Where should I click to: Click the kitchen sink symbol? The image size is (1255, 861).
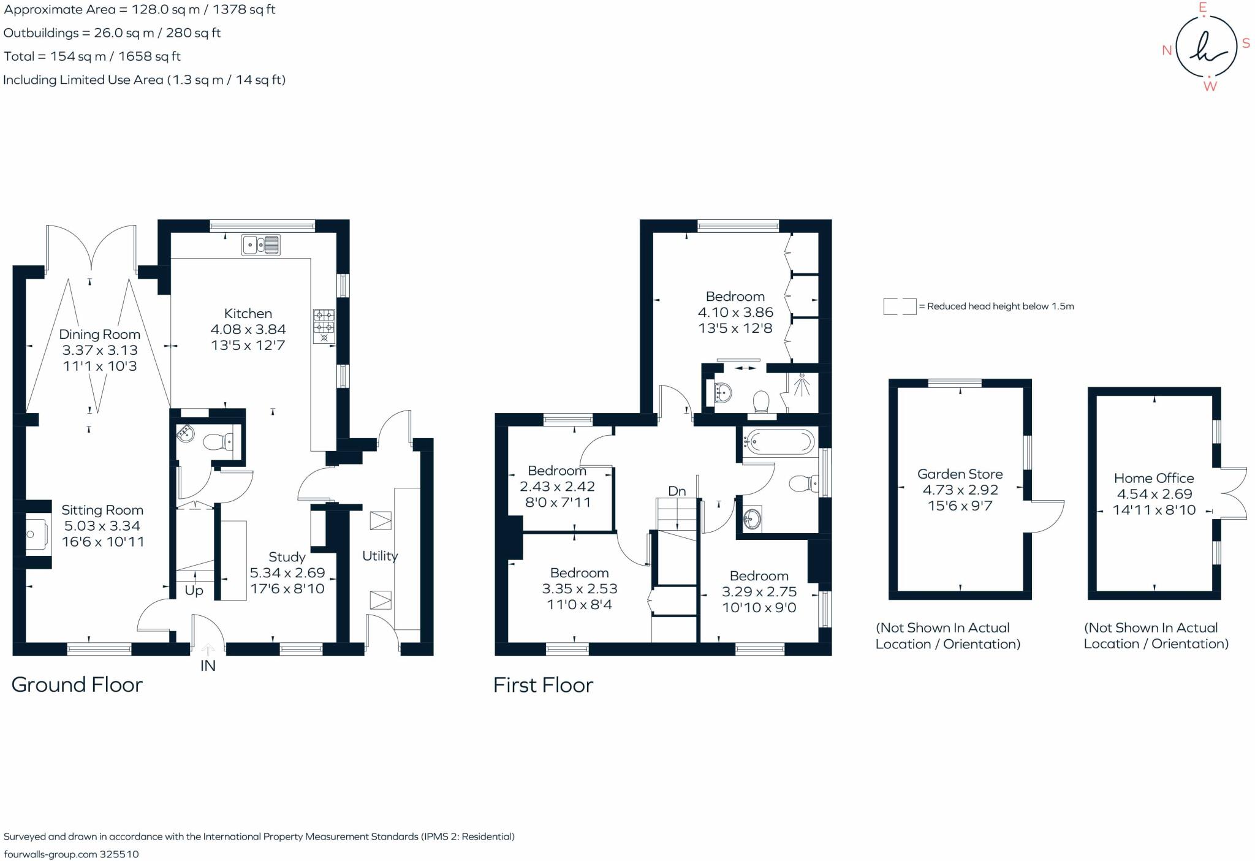point(261,245)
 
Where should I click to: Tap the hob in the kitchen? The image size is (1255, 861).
point(324,325)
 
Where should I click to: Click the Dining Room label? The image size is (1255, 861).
point(99,335)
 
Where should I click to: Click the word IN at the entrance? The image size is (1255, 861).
point(208,666)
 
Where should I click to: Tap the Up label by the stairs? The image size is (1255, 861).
point(194,591)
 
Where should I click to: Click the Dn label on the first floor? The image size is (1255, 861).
point(677,491)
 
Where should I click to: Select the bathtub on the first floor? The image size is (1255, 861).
point(779,441)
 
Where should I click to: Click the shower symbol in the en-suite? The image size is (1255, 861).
point(802,386)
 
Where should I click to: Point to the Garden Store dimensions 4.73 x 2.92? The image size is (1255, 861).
point(960,490)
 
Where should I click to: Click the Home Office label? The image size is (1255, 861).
point(1154,478)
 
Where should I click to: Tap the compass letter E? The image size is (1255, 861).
point(1202,8)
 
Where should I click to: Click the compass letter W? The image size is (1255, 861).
point(1210,86)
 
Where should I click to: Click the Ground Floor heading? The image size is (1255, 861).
point(77,685)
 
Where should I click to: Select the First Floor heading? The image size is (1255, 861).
point(543,685)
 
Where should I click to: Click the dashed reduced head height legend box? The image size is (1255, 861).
point(899,306)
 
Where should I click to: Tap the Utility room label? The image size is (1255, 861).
point(379,556)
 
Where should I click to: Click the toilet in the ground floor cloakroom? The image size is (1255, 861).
point(218,441)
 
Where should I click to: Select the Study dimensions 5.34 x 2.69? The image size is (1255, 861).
point(287,573)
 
